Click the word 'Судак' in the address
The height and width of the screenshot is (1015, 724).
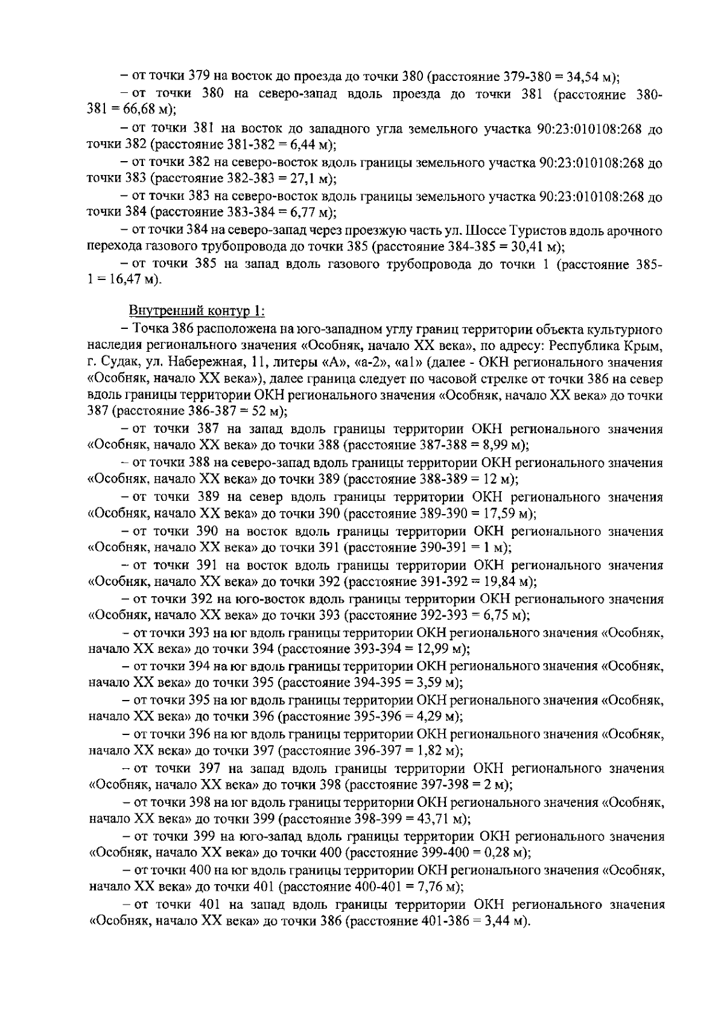(118, 363)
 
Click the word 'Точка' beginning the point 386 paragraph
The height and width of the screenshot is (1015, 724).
(151, 329)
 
